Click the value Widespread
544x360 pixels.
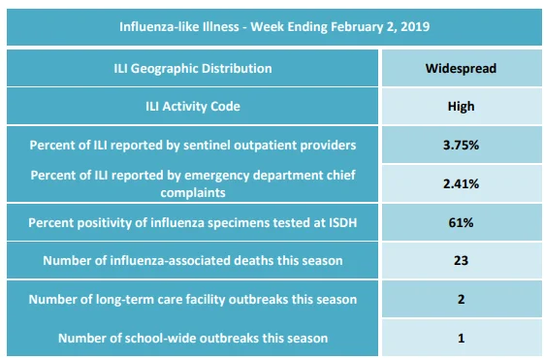[x=461, y=68]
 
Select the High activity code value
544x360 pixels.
[x=461, y=106]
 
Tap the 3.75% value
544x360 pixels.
[x=461, y=146]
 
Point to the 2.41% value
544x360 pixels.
[x=461, y=183]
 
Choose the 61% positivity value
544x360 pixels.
[x=461, y=222]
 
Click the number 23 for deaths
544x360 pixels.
[x=461, y=260]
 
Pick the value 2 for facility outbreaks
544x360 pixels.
[x=461, y=299]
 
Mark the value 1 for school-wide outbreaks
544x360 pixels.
[x=461, y=338]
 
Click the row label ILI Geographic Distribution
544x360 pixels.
[x=193, y=69]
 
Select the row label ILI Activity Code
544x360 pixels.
[x=193, y=106]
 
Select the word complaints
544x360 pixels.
[x=193, y=193]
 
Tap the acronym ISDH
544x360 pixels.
[x=342, y=222]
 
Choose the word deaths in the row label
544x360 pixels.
[x=254, y=260]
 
